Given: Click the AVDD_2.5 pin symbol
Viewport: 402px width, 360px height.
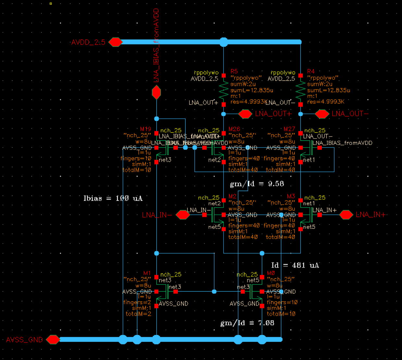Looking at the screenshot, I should click(x=116, y=42).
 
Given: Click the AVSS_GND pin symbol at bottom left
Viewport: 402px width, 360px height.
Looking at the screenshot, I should click(x=53, y=340).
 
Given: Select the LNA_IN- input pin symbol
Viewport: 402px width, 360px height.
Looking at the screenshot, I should click(x=183, y=215).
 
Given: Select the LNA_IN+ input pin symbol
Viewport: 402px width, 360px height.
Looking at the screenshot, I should click(x=346, y=215).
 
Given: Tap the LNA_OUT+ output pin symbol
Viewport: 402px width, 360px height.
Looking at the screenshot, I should click(x=245, y=114).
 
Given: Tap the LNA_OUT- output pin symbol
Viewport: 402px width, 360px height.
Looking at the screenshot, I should click(x=322, y=114).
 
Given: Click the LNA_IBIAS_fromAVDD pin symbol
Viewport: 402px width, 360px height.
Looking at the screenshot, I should click(x=156, y=93).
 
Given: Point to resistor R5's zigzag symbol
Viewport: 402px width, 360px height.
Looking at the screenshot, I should click(x=224, y=90).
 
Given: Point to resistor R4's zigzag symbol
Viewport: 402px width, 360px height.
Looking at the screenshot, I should click(x=300, y=90).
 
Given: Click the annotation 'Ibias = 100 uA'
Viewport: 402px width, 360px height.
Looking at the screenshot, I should click(x=113, y=198).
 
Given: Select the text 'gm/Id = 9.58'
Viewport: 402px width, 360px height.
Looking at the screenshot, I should click(x=257, y=184).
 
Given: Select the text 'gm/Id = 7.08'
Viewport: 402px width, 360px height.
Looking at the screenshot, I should click(x=247, y=323).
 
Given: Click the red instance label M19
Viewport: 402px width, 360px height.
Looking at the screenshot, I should click(x=145, y=129).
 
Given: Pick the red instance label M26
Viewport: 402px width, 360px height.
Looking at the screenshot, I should click(x=234, y=129).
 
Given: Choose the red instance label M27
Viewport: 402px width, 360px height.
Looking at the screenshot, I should click(x=289, y=129).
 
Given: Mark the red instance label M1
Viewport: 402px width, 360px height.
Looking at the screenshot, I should click(x=147, y=273).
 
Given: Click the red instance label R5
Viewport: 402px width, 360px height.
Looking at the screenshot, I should click(x=234, y=71).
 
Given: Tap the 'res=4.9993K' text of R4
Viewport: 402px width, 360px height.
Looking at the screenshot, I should click(x=326, y=102).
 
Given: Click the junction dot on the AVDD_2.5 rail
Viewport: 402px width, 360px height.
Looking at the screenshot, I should click(x=224, y=42).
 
